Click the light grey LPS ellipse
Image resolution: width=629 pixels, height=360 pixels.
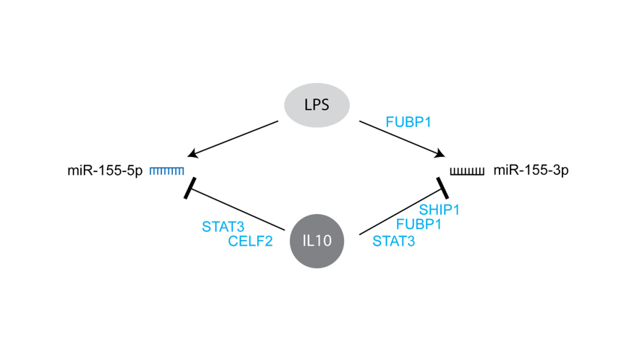[x=316, y=105]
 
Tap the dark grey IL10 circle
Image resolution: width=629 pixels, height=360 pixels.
[x=316, y=241]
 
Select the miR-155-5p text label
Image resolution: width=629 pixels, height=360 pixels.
[x=105, y=171]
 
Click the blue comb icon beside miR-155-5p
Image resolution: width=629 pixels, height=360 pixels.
[x=167, y=171]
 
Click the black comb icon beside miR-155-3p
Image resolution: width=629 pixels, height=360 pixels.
[x=466, y=171]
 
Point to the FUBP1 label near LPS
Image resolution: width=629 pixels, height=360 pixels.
[x=409, y=122]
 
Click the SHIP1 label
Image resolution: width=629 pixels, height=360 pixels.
[x=440, y=210]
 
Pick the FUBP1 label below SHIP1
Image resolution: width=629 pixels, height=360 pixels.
[x=419, y=225]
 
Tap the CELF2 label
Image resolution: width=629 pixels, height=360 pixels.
[x=250, y=241]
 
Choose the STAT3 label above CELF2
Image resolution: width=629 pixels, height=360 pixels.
[x=223, y=226]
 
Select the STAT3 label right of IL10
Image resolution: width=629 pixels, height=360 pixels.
[x=393, y=241]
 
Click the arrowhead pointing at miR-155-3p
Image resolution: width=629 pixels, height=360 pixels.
[x=439, y=153]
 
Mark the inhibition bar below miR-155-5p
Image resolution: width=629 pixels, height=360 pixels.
[x=190, y=188]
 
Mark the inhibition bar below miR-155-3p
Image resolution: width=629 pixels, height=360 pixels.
[x=442, y=188]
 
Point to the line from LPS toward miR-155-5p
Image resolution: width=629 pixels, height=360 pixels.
[x=235, y=137]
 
